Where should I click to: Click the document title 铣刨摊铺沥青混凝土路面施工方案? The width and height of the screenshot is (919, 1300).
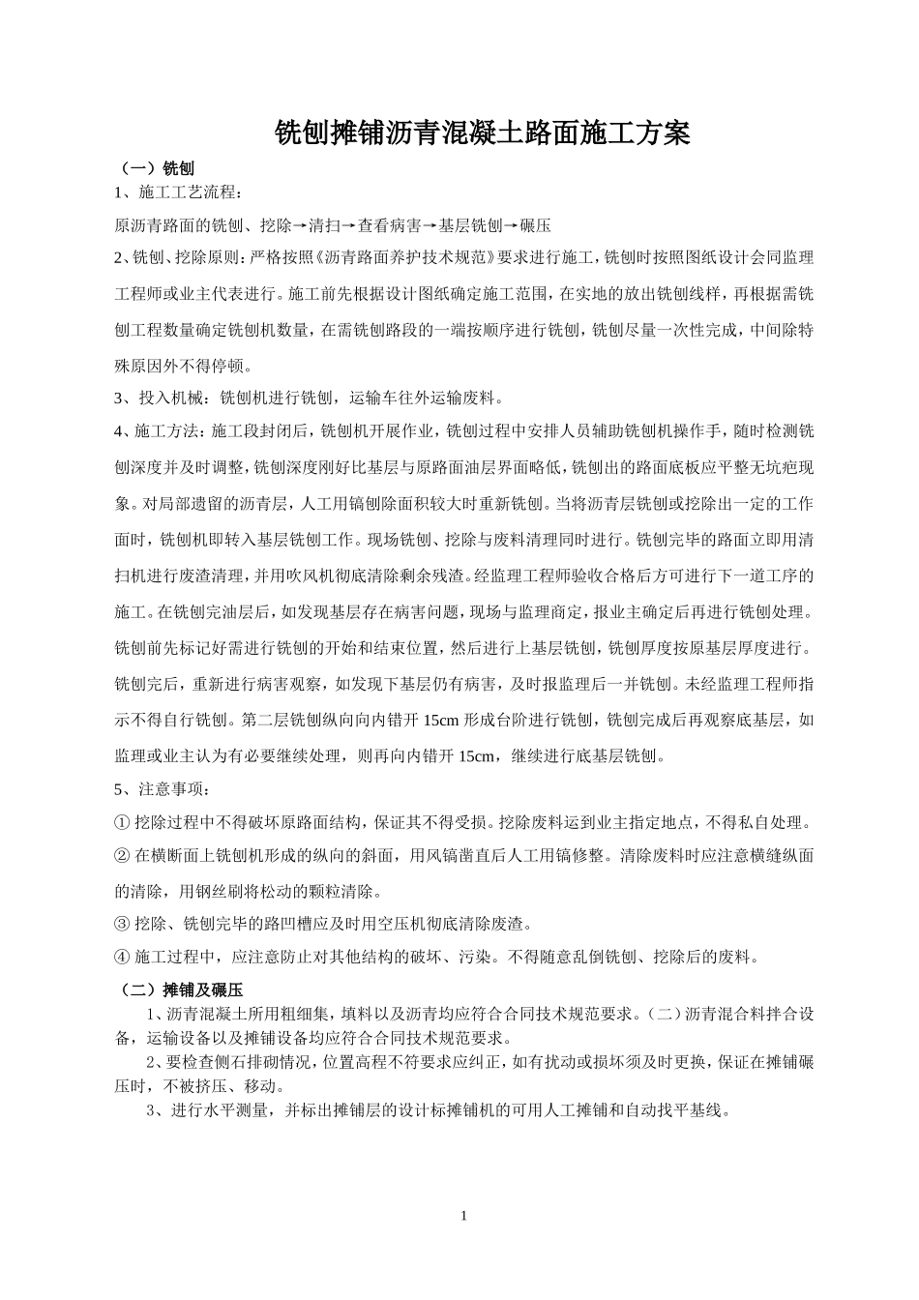coord(483,133)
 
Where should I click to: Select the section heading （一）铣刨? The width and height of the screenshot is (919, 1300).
coord(155,167)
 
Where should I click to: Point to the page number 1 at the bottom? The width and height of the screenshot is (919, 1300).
coord(464,1215)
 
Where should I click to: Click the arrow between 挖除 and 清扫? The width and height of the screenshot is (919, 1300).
coord(300,226)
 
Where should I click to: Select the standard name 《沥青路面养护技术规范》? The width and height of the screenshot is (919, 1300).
coord(405,258)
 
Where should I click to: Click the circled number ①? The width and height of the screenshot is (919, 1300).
coord(122,823)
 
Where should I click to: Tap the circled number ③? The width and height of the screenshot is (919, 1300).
coord(122,925)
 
